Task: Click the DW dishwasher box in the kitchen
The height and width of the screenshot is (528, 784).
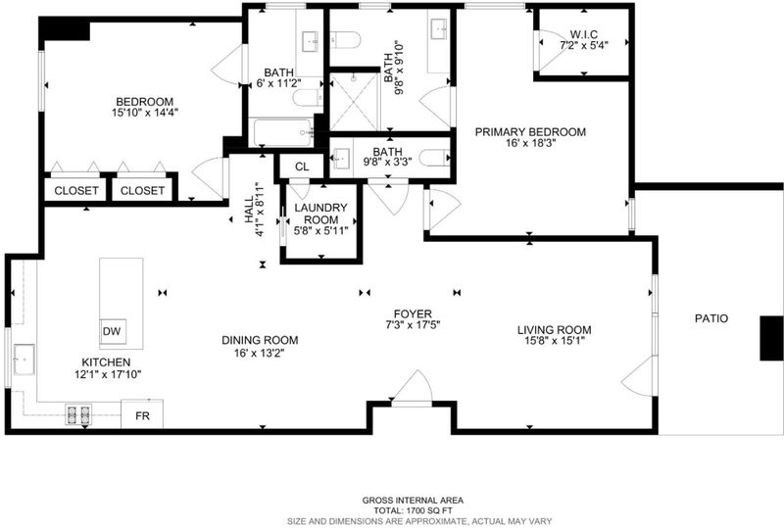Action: [x=113, y=331]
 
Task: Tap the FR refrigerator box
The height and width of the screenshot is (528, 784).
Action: [x=142, y=414]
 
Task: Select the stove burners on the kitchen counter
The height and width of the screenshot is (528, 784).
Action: [x=79, y=415]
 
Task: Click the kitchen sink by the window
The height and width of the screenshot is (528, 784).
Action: [x=24, y=360]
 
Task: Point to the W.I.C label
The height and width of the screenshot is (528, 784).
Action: [x=583, y=34]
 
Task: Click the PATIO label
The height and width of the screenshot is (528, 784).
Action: [x=711, y=318]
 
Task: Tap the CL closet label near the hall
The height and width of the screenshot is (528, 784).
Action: [x=302, y=167]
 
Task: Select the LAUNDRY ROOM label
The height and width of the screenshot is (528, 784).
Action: [x=320, y=214]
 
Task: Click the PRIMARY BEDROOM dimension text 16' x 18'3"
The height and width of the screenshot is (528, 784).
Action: [x=530, y=143]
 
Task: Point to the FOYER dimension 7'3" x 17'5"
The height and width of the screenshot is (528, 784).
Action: [x=413, y=325]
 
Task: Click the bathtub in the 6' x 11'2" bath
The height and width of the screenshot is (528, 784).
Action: [x=283, y=132]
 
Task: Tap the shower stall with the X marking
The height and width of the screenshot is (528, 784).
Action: [x=354, y=102]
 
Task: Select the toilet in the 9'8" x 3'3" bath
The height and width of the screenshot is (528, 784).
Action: [x=434, y=159]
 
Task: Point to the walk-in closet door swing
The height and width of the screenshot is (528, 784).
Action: [x=551, y=51]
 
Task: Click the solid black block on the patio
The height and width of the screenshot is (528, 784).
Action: [x=771, y=338]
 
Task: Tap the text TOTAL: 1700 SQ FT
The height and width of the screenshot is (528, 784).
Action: [x=413, y=510]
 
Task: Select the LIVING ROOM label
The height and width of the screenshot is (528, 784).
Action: [x=554, y=330]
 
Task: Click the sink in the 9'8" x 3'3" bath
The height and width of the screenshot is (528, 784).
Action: [x=342, y=158]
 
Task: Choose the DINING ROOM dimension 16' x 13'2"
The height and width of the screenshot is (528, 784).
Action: [x=260, y=353]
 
